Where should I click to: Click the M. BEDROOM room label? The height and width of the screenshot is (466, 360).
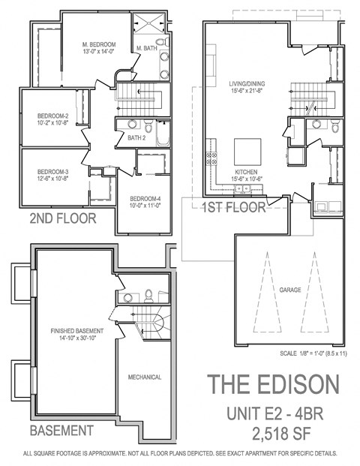point(99,45)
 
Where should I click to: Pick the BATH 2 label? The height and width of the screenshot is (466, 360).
point(136,138)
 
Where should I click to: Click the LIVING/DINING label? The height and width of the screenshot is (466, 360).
point(247,83)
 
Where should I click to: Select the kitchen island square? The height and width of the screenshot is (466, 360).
point(247,149)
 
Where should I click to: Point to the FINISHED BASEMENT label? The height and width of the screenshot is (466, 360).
point(76,330)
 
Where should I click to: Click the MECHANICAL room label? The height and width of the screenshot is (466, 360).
point(144,377)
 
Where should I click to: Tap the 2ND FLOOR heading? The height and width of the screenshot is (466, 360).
point(62,219)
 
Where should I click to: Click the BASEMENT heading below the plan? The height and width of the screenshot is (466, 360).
point(61,431)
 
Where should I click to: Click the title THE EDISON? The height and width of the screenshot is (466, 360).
point(273,383)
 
